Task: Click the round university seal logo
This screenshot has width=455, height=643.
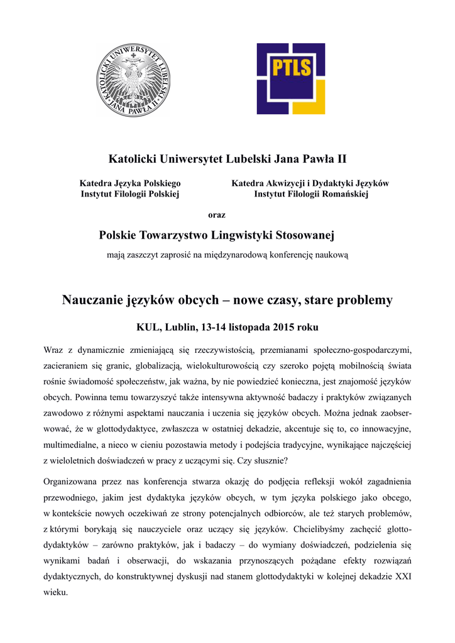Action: coord(133,80)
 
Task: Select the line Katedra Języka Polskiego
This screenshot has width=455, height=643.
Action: coord(129,183)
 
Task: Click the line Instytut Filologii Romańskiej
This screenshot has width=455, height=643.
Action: coord(310,194)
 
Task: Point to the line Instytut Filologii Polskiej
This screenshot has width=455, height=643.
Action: coord(130,194)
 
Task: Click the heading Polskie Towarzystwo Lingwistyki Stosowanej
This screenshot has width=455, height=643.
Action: coord(217,235)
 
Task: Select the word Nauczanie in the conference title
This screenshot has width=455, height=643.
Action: coord(92,300)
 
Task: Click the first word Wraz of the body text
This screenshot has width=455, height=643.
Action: coord(54,349)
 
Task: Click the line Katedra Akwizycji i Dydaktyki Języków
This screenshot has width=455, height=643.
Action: coord(310,183)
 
